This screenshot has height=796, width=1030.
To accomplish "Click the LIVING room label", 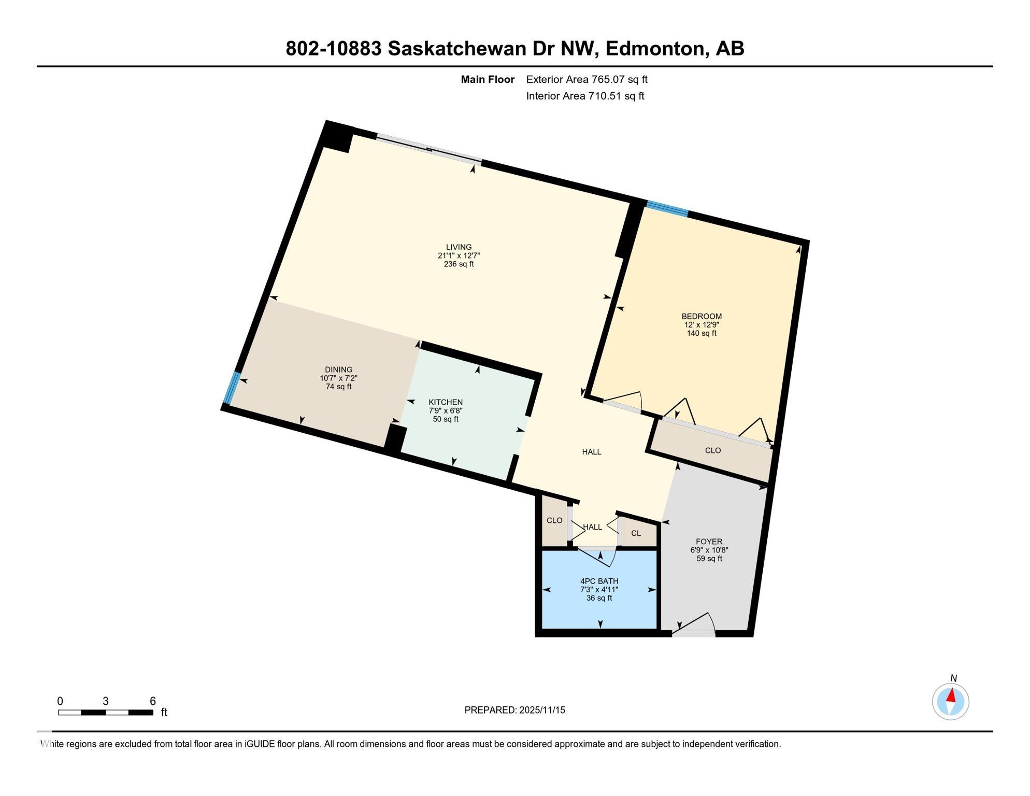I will tap(459, 247).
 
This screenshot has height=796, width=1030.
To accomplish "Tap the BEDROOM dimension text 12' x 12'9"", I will tap(701, 325).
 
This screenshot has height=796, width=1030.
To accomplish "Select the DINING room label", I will tap(338, 370).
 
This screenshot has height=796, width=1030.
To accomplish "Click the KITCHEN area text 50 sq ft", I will tap(446, 419).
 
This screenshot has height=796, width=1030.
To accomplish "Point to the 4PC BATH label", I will tap(599, 581).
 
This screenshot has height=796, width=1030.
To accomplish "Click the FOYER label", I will tap(709, 542).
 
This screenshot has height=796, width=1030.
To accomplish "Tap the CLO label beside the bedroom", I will tap(713, 450).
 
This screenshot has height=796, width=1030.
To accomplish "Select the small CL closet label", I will tap(636, 533).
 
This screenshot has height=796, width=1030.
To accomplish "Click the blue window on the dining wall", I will tap(232, 388).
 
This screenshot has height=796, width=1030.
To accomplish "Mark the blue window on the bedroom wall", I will tap(667, 208).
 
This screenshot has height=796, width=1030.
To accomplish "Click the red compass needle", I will tap(951, 695).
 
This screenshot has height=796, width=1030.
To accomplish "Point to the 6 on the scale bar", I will tap(153, 701).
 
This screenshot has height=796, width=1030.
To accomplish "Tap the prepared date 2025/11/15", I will tap(542, 710).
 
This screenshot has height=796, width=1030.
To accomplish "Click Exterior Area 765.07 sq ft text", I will tap(586, 79).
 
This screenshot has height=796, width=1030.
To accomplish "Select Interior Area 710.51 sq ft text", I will tap(585, 96).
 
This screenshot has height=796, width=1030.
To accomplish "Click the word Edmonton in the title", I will tap(656, 48).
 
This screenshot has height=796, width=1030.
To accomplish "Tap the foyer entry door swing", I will tap(697, 623).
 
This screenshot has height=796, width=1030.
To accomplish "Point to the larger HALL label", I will tap(591, 452).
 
